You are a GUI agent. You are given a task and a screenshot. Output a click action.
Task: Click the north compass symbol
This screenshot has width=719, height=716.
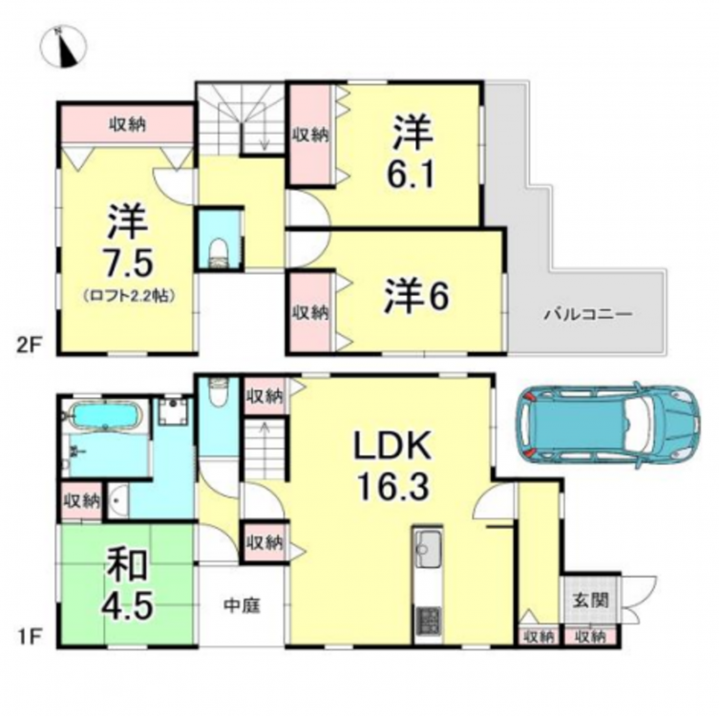click(x=63, y=47)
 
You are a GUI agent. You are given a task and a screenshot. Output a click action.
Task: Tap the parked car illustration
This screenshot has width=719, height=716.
click(x=608, y=425)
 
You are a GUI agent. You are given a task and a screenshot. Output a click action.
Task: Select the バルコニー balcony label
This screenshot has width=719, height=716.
click(x=588, y=314)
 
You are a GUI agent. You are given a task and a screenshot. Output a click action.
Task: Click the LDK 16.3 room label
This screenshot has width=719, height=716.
click(x=392, y=466)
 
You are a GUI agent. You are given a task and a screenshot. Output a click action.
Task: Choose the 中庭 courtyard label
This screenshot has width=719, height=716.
click(x=243, y=605)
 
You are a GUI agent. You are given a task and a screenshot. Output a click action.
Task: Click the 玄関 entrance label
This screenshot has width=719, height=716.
click(x=591, y=600)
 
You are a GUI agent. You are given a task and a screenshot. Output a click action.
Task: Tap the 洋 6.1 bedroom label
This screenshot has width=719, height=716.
click(x=412, y=152)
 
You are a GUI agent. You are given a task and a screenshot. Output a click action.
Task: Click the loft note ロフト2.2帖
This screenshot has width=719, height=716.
click(x=129, y=296)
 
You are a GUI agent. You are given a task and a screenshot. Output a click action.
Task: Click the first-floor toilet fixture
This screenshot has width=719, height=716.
click(x=218, y=392)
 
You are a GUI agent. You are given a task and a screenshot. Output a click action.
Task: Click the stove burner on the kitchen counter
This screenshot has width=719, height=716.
click(x=428, y=620)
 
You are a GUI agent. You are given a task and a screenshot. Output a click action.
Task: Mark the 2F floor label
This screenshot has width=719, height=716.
click(x=30, y=345)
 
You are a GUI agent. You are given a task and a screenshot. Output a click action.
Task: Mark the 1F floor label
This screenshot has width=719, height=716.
click(x=30, y=637)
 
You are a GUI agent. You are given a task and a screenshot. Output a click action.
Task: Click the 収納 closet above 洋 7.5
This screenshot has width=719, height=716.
click(x=128, y=124)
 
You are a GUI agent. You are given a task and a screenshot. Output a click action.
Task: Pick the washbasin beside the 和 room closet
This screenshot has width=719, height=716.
click(x=116, y=501)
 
